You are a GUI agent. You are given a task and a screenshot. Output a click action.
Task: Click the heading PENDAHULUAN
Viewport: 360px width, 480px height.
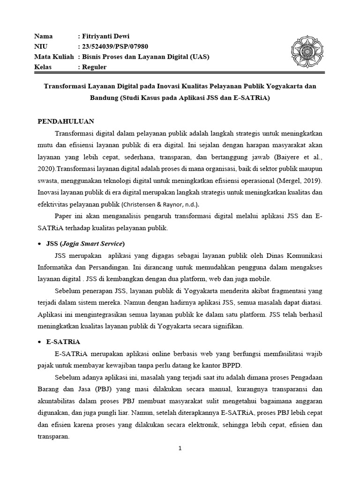(66, 120)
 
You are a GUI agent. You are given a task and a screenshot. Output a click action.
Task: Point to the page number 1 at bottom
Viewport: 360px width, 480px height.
(180, 448)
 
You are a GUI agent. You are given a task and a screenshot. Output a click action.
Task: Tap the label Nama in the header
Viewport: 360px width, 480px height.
(44, 36)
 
